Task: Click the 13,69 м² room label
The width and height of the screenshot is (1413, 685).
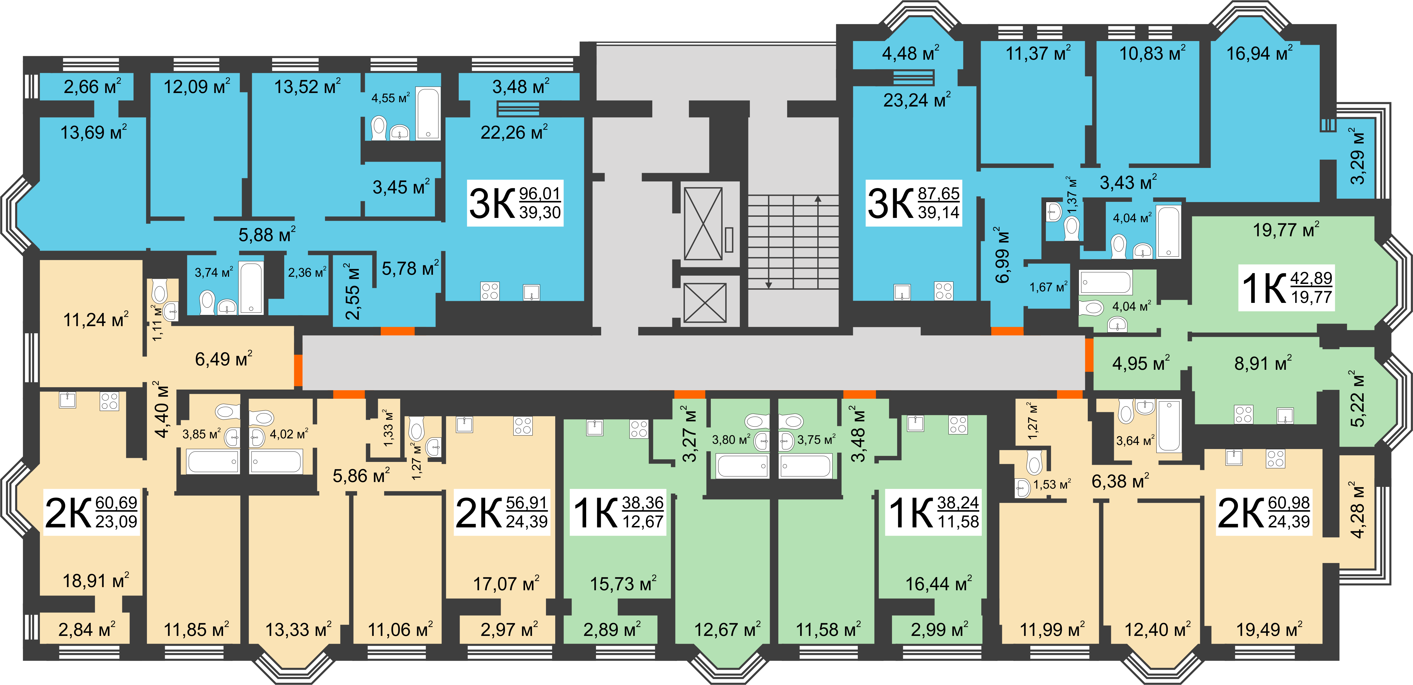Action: point(93,132)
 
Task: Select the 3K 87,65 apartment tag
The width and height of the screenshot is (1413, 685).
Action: point(913,202)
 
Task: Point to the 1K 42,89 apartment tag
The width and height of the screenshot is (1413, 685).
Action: point(1286,287)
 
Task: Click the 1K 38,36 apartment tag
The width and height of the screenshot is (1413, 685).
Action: point(618,512)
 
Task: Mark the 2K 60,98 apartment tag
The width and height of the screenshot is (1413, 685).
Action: point(1264,512)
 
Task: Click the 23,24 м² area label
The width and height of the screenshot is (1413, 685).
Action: point(917,100)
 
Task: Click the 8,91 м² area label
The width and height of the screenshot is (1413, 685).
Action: point(1263,363)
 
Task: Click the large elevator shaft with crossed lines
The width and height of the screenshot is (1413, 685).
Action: point(703,223)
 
